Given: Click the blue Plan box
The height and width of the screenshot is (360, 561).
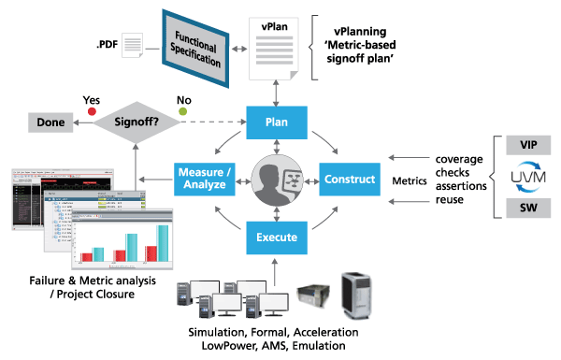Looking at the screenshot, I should (x=277, y=121).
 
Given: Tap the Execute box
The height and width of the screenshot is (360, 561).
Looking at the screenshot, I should (x=277, y=238).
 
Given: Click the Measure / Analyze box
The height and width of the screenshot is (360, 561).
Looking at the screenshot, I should (x=205, y=178).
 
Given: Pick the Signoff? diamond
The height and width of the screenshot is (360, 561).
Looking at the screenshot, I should (x=137, y=122).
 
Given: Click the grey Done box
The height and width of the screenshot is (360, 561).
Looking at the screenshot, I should (x=43, y=122).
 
